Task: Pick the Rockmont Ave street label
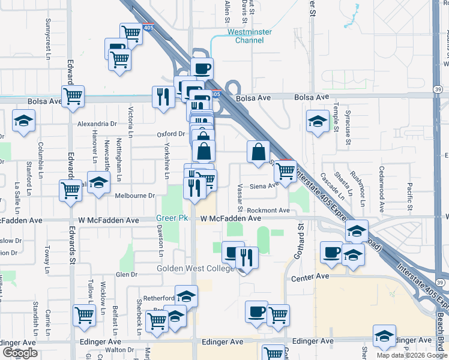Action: (x=268, y=210)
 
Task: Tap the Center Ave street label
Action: (x=310, y=276)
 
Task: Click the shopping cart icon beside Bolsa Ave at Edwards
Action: (x=73, y=96)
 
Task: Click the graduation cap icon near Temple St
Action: (x=318, y=121)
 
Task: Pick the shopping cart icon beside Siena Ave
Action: (x=285, y=170)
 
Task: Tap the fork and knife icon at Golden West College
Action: (x=247, y=257)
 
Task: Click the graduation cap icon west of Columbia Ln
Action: (x=23, y=121)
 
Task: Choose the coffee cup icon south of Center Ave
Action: (x=257, y=311)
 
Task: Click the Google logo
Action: (x=20, y=353)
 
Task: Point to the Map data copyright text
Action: (x=412, y=355)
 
